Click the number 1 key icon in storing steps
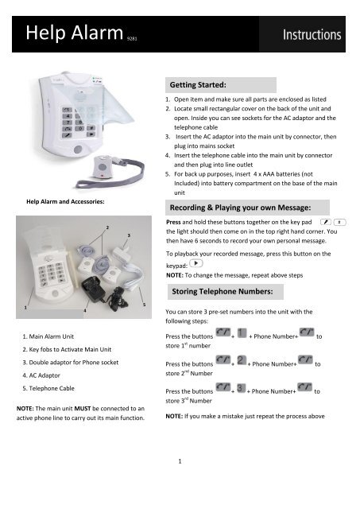coord(242,337)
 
